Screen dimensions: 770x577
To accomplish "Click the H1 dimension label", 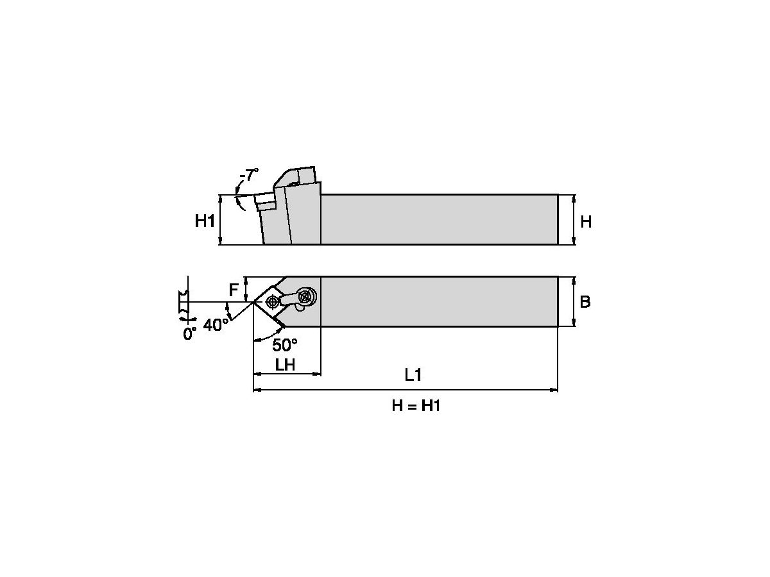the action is coord(205,221).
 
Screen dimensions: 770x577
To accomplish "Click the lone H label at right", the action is coord(586,222).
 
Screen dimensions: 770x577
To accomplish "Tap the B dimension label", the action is coord(585,301).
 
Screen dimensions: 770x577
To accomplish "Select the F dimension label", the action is coord(234,290).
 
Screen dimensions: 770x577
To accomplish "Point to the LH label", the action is coord(285,365).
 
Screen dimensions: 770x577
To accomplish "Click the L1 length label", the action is coord(413,374).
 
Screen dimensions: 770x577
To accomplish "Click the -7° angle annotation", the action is coord(249,175).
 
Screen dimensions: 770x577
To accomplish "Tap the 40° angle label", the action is coord(216,324).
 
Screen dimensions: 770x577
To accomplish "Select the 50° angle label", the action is coord(285,345).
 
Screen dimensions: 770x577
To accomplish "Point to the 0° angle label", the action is coord(189,333).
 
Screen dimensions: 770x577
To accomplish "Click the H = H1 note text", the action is coord(416,406).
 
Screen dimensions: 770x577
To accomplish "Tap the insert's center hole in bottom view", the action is coord(271,300).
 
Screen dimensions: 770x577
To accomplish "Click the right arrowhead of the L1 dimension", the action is coord(554,390).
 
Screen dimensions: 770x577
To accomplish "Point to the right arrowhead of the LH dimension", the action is coord(317,374).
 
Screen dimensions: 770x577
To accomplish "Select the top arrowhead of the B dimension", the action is coord(574,281).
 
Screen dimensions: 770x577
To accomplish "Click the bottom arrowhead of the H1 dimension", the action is coord(220,240).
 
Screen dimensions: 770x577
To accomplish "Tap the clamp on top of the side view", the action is coord(295,176).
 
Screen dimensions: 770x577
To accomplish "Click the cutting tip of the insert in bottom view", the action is coord(253,302).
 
